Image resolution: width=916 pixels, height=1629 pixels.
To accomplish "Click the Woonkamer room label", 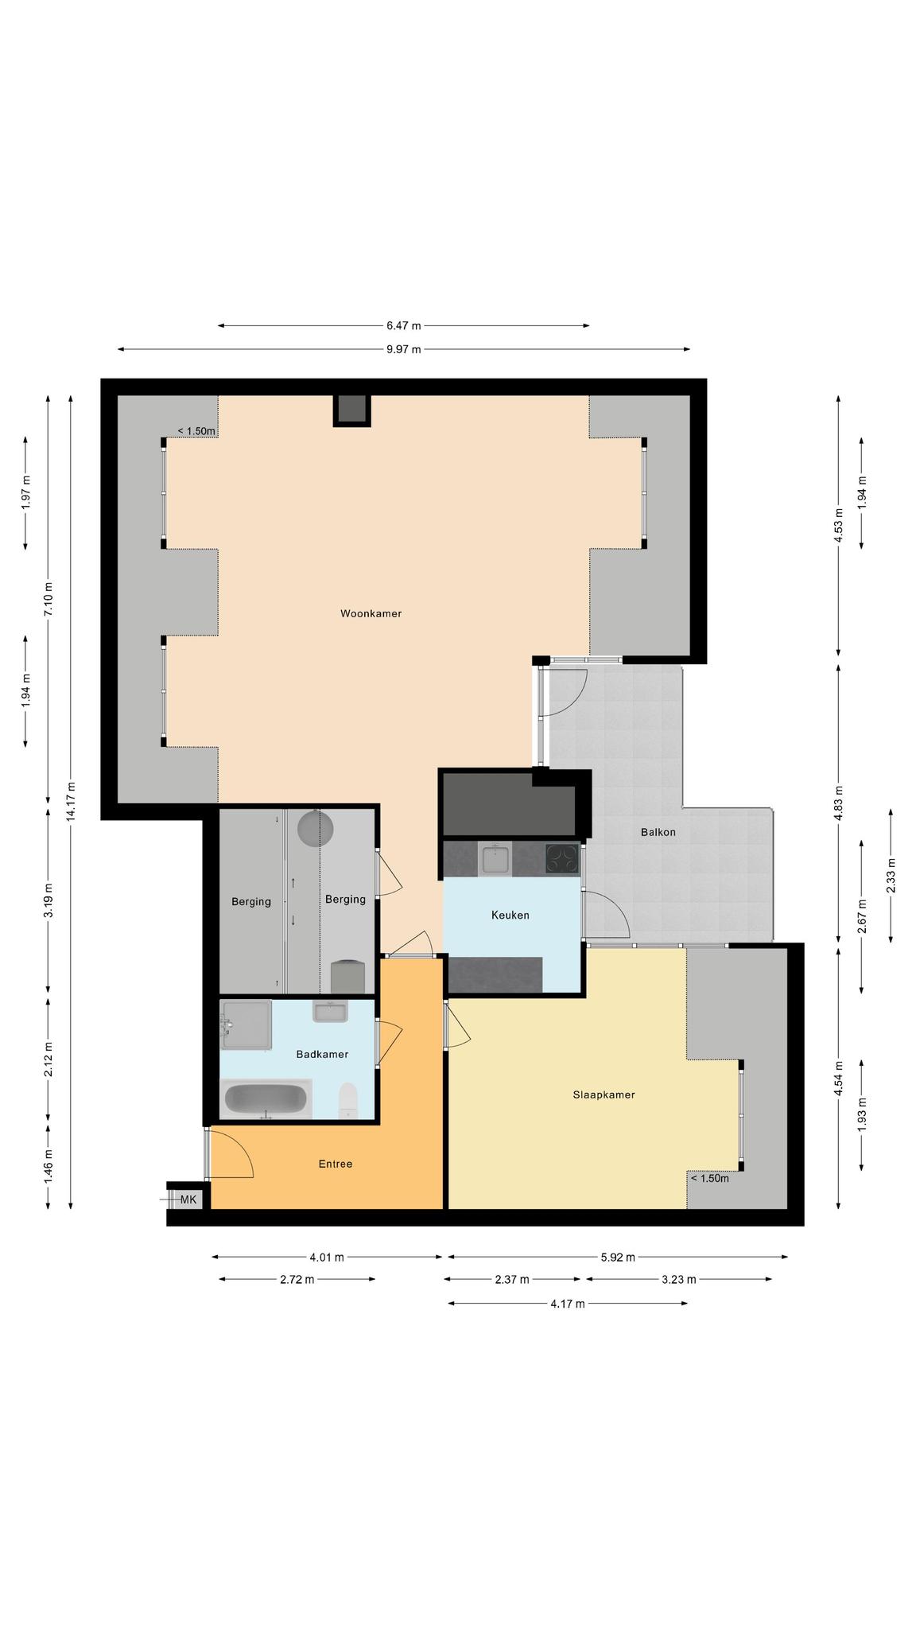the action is [x=371, y=613].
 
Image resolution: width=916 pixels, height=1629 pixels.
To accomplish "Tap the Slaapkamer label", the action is [x=604, y=1094].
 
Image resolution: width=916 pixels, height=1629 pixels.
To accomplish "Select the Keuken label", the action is [x=510, y=915].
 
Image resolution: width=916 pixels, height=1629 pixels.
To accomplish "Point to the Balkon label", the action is [x=658, y=832].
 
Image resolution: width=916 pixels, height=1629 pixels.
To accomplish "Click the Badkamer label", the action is [x=322, y=1054].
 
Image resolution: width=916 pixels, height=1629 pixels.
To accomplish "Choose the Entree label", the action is [x=336, y=1164].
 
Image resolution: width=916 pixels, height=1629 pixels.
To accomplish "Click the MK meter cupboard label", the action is [x=188, y=1199].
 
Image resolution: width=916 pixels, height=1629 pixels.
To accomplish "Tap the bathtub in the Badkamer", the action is [x=266, y=1099].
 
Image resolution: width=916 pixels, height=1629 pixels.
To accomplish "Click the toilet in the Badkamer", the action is [x=348, y=1099].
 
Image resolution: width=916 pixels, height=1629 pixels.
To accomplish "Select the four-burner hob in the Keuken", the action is [x=562, y=859].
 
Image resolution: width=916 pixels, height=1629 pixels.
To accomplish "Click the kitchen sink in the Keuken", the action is [x=495, y=859].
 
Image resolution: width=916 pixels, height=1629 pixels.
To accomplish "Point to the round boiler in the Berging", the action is [x=316, y=828].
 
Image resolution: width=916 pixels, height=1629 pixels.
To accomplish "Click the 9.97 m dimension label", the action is [x=404, y=349].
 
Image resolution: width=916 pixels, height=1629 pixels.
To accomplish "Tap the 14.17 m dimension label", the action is [x=71, y=802].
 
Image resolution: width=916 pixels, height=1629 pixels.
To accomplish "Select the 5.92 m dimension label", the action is [x=618, y=1258].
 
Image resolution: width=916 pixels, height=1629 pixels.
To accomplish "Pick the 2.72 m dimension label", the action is [x=297, y=1280].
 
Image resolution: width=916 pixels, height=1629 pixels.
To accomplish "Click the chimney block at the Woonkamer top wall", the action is [x=351, y=410].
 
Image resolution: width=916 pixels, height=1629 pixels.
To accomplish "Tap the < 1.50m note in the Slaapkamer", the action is [x=709, y=1179].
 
